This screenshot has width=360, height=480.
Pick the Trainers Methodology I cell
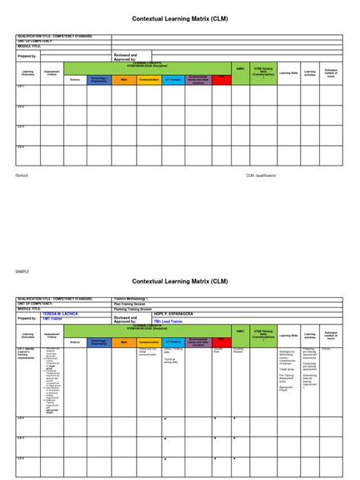[131, 298]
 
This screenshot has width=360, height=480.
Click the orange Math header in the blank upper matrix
[124, 79]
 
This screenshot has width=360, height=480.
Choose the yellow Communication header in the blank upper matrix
[149, 79]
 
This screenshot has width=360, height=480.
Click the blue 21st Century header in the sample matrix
[173, 343]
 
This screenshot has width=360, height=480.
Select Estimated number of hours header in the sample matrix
[331, 334]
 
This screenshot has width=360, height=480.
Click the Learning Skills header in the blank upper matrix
[289, 74]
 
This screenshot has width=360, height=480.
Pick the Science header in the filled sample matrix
[74, 343]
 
